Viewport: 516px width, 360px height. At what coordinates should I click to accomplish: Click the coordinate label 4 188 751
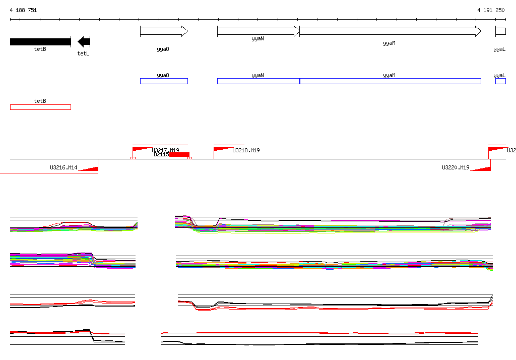(x=23, y=10)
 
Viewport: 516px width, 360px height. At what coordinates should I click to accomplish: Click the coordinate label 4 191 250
(x=491, y=10)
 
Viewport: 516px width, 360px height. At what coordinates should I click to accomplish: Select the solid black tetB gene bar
(x=40, y=41)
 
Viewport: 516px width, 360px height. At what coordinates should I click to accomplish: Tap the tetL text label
(x=83, y=53)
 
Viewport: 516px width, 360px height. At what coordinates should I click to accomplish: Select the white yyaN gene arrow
(x=258, y=31)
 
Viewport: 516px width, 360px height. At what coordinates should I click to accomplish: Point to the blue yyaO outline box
(x=164, y=81)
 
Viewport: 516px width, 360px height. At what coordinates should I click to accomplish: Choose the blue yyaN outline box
(x=258, y=81)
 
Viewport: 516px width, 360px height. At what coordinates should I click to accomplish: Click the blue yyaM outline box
(x=390, y=81)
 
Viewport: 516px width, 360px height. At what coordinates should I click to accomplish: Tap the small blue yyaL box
(x=500, y=81)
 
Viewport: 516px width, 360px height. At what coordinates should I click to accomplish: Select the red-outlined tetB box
(x=40, y=107)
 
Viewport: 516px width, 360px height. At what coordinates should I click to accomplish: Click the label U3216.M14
(x=63, y=167)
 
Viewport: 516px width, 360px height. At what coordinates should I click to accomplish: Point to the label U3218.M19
(x=246, y=150)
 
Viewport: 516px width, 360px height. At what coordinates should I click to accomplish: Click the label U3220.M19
(x=456, y=167)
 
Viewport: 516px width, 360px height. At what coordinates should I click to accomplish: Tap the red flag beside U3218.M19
(x=222, y=149)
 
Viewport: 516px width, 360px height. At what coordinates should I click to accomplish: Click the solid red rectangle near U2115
(x=179, y=155)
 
